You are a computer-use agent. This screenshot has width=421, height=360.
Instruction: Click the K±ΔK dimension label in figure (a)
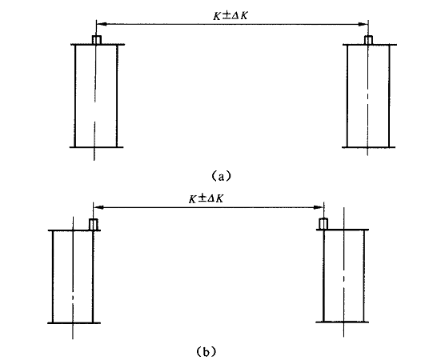[x=230, y=16]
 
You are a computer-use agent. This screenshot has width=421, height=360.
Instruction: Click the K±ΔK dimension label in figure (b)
[x=206, y=199]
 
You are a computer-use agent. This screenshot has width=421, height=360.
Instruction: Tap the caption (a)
[x=221, y=176]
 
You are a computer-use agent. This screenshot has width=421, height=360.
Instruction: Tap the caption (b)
[x=206, y=351]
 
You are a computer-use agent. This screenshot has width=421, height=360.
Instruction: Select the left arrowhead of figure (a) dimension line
[x=102, y=24]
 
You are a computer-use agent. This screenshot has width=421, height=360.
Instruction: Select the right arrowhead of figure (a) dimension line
[x=363, y=25]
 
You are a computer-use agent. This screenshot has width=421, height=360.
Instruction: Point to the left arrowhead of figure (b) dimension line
[x=98, y=207]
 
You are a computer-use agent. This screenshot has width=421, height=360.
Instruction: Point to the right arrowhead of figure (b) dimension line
[x=319, y=207]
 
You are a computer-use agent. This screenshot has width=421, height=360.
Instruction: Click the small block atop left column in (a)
[x=97, y=40]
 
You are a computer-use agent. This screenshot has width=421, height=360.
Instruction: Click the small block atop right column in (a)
[x=368, y=40]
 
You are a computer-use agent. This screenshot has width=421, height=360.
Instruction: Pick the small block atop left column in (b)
[x=94, y=224]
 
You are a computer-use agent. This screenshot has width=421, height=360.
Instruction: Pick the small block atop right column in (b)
[x=323, y=224]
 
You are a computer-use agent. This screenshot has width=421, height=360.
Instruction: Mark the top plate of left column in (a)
[x=98, y=45]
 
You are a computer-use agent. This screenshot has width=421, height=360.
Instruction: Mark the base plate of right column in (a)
[x=368, y=147]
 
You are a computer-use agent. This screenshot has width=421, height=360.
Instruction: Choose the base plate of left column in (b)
[x=74, y=323]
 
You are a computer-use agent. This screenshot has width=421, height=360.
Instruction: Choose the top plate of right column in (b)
[x=343, y=230]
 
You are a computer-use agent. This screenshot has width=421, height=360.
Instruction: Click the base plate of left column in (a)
[x=96, y=147]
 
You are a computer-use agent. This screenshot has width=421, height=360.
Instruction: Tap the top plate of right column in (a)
[x=370, y=45]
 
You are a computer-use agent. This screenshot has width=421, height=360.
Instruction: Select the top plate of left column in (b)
[x=74, y=230]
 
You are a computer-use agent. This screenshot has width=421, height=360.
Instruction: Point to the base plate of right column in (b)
[x=343, y=322]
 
